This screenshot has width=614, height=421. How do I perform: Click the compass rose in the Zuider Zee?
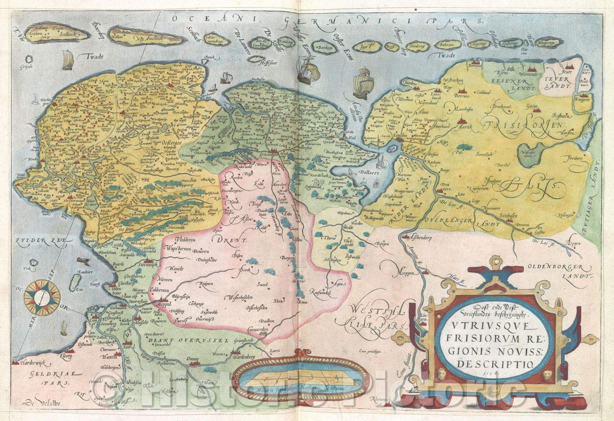click(42, 297)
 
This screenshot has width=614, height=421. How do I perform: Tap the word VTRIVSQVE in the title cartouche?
click(489, 328)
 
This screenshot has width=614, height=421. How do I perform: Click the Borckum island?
click(325, 47)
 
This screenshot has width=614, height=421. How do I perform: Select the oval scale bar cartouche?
click(301, 377)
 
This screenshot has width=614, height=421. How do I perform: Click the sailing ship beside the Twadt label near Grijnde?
click(68, 59)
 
